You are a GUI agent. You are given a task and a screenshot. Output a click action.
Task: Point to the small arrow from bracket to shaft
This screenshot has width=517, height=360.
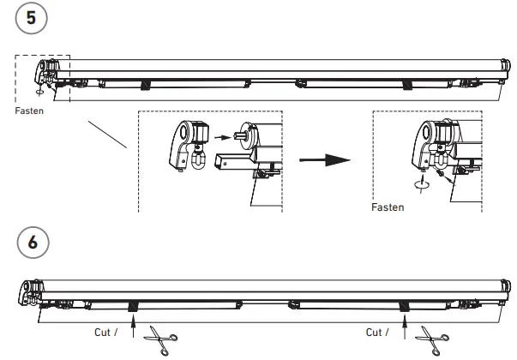(x=224, y=135)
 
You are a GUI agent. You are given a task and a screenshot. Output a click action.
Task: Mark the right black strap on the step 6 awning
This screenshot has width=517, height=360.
(x=404, y=306)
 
